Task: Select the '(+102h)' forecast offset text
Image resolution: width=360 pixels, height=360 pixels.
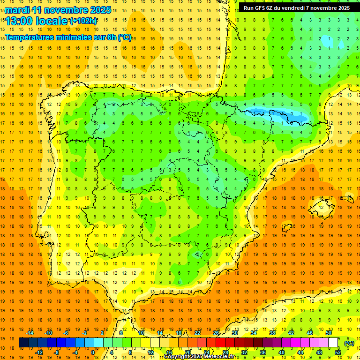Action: (x=83, y=21)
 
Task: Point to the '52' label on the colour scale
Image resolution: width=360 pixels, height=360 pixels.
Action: (x=338, y=352)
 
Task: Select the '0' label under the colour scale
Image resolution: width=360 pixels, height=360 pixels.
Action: (x=93, y=352)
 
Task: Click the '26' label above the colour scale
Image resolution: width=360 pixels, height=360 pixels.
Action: (x=216, y=333)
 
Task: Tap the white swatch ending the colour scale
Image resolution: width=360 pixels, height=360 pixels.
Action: (x=333, y=343)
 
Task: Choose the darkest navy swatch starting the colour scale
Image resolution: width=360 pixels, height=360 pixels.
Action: (x=23, y=343)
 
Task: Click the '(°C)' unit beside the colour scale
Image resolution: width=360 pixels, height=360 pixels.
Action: (x=349, y=343)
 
